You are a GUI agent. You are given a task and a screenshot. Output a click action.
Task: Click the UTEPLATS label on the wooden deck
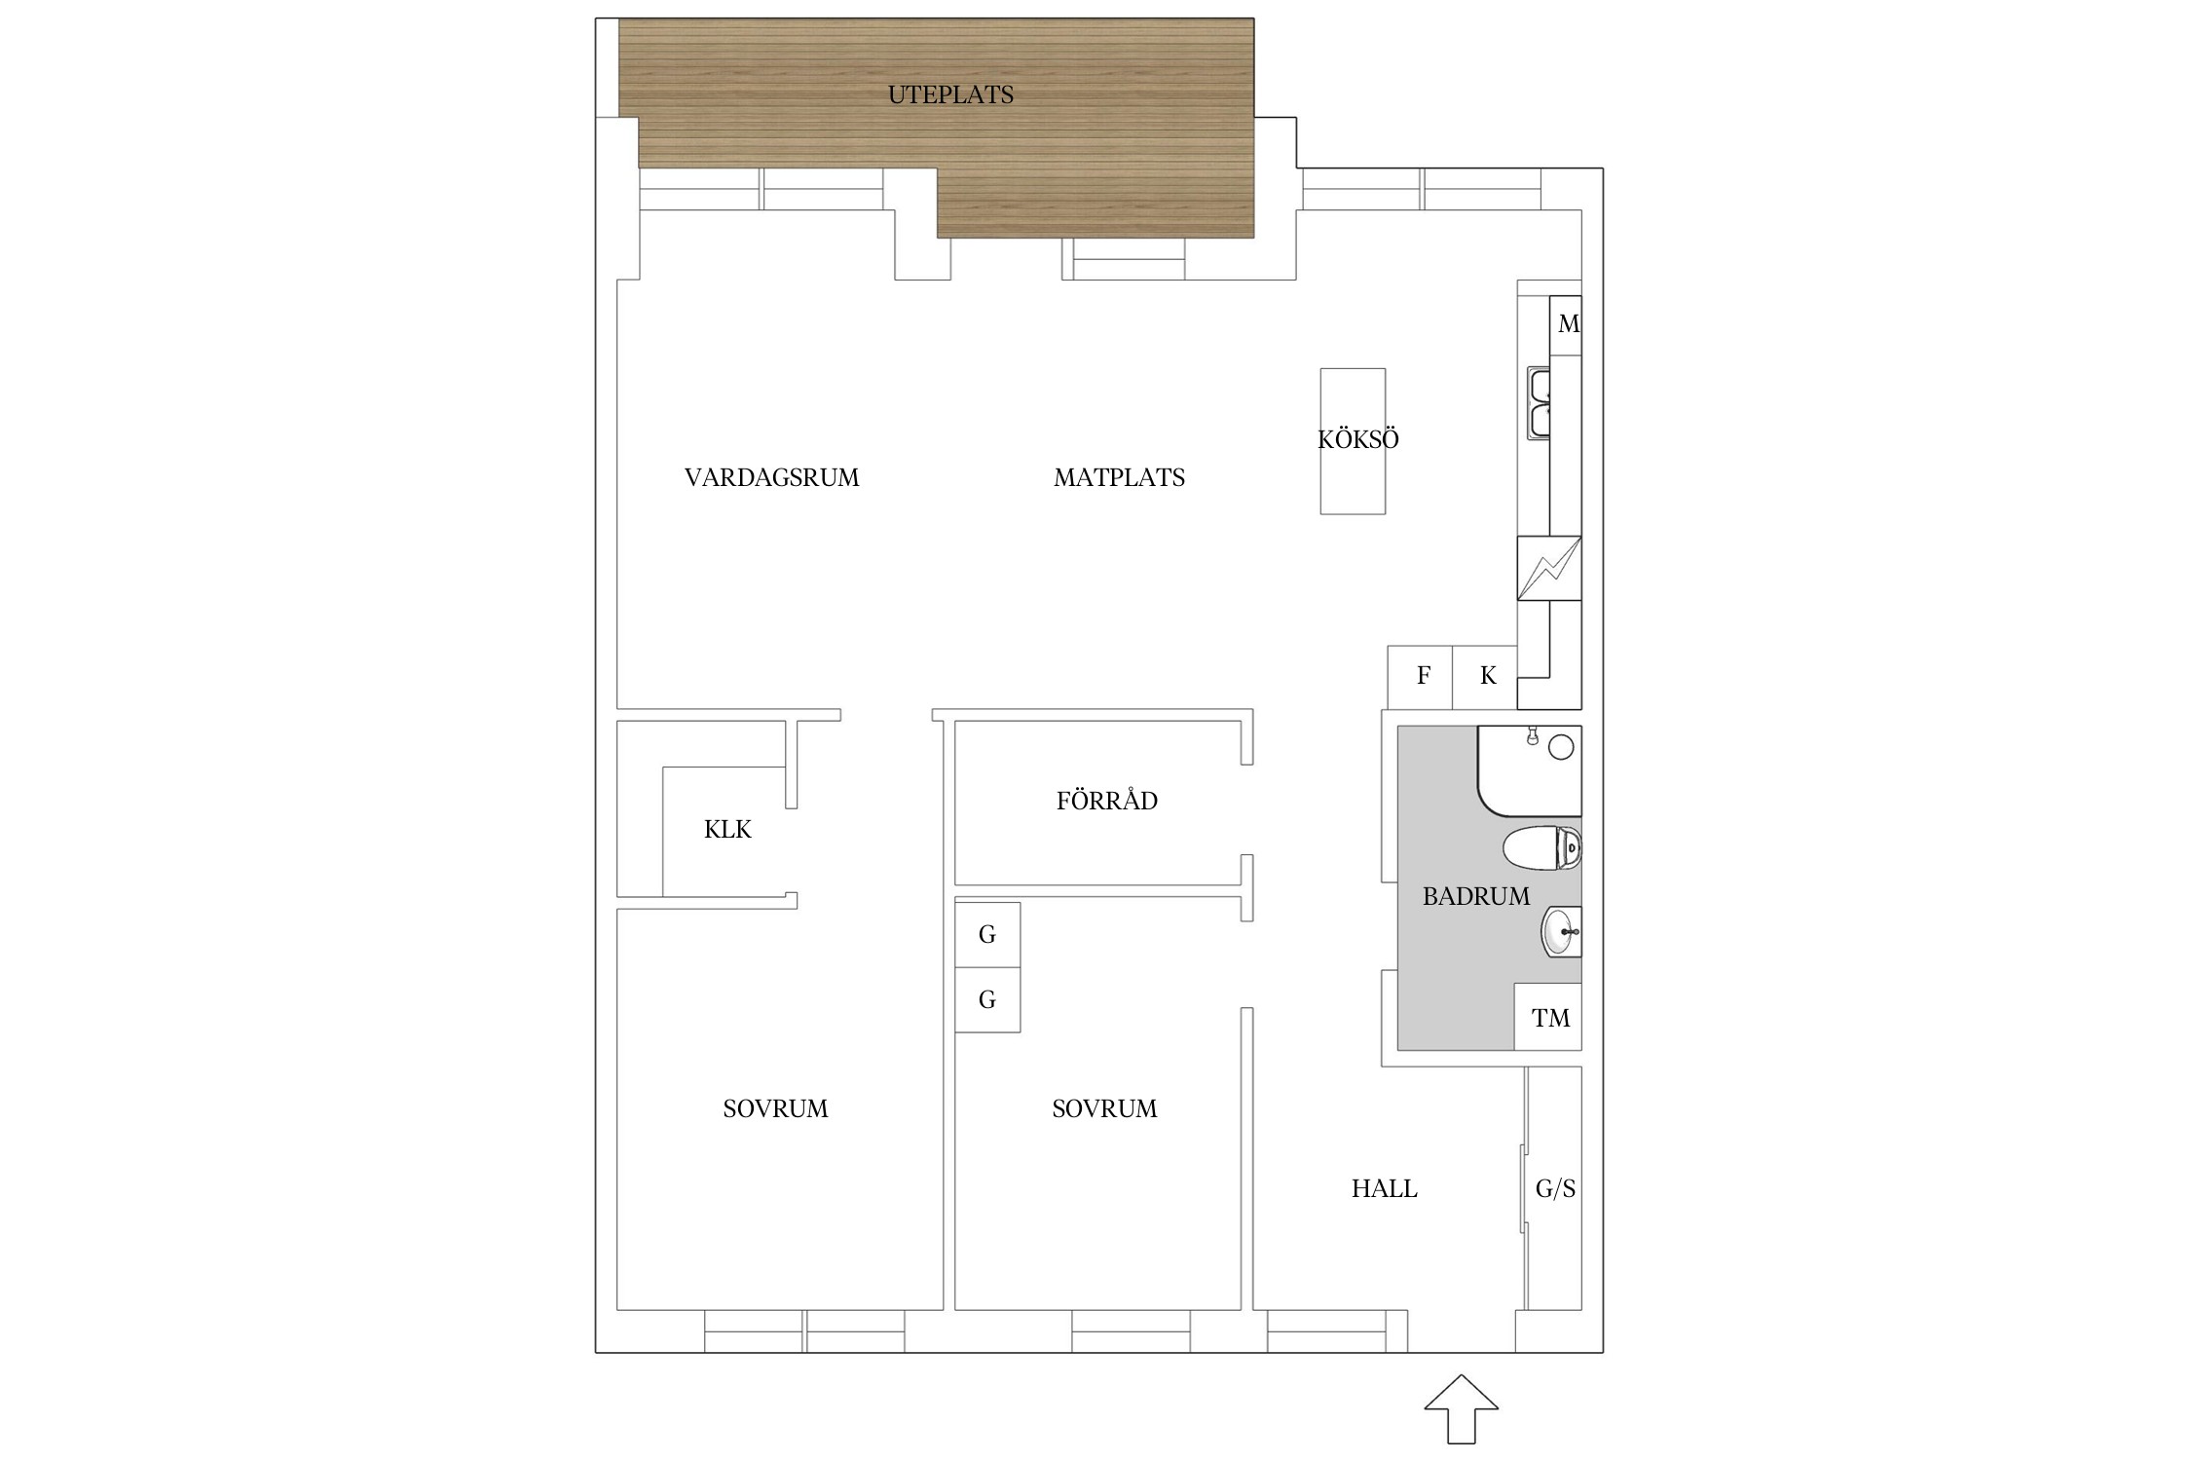pyautogui.click(x=950, y=94)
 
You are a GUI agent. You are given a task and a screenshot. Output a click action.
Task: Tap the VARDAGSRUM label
pyautogui.click(x=772, y=477)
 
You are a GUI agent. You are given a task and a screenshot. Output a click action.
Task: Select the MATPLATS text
pyautogui.click(x=1120, y=477)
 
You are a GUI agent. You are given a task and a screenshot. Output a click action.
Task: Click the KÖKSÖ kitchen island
pyautogui.click(x=1353, y=440)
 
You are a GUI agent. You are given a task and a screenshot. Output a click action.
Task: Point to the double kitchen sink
pyautogui.click(x=1539, y=402)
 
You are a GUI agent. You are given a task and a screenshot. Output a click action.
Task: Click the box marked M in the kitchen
pyautogui.click(x=1566, y=325)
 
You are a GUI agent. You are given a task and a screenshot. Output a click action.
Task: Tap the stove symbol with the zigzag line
pyautogui.click(x=1549, y=568)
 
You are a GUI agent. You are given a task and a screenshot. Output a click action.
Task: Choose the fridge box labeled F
pyautogui.click(x=1420, y=677)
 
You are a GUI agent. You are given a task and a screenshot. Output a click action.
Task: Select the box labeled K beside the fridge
pyautogui.click(x=1485, y=677)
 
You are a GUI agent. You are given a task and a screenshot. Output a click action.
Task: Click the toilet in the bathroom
pyautogui.click(x=1542, y=847)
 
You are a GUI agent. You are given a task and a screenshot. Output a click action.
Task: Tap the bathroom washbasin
pyautogui.click(x=1561, y=932)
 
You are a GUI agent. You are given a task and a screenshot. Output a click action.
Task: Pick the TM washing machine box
pyautogui.click(x=1548, y=1017)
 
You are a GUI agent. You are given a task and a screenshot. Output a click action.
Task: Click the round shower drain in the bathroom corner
pyautogui.click(x=1561, y=747)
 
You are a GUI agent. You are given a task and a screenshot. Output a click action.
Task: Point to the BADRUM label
pyautogui.click(x=1476, y=896)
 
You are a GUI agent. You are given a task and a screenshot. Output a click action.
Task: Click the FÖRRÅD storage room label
pyautogui.click(x=1107, y=800)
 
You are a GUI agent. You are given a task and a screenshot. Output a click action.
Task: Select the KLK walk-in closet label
pyautogui.click(x=728, y=830)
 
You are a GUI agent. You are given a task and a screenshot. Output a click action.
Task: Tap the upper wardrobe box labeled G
pyautogui.click(x=987, y=935)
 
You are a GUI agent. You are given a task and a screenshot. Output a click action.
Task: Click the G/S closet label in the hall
pyautogui.click(x=1555, y=1188)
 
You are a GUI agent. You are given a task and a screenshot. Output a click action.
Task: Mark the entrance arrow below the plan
pyautogui.click(x=1461, y=1407)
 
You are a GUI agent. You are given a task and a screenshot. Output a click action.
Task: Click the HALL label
pyautogui.click(x=1385, y=1188)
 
